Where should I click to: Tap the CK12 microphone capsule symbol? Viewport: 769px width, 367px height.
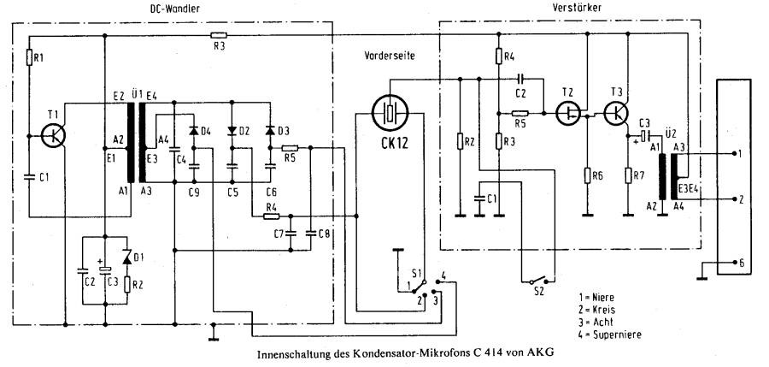click(x=390, y=113)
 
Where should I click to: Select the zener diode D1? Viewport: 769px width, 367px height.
click(x=127, y=257)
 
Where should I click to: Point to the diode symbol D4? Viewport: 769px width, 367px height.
click(x=194, y=131)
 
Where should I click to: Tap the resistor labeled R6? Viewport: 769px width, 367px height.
click(x=586, y=175)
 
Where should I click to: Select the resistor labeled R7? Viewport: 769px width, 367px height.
click(x=628, y=175)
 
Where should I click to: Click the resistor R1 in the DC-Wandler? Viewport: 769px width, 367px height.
click(x=29, y=58)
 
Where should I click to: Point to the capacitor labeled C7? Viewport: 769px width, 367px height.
click(x=291, y=234)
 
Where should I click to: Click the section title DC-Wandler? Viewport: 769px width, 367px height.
click(x=175, y=9)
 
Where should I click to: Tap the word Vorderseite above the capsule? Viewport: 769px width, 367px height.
click(x=390, y=56)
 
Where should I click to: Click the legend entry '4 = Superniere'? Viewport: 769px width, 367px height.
click(x=610, y=335)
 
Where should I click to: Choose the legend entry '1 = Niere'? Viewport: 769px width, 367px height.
click(x=596, y=297)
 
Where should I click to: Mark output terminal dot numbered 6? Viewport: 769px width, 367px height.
click(x=734, y=263)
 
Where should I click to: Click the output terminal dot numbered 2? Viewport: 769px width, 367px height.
click(x=734, y=199)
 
